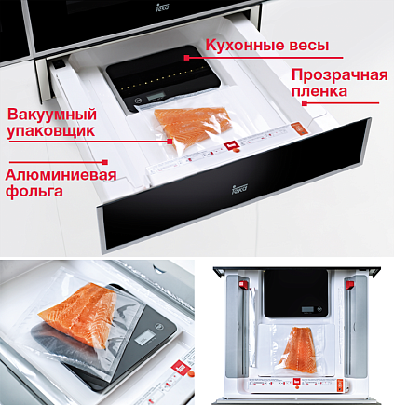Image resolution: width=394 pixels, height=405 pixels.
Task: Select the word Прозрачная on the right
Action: click(340, 76)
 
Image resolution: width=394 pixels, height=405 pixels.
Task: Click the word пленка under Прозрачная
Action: click(319, 92)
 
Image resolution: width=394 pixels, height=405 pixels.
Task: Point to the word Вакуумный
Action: click(52, 115)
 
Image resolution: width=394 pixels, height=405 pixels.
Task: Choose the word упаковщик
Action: click(51, 131)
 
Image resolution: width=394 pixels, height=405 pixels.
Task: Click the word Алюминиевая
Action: click(61, 175)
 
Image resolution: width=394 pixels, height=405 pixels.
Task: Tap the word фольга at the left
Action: click(34, 191)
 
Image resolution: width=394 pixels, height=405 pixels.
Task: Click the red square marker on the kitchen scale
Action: click(186, 58)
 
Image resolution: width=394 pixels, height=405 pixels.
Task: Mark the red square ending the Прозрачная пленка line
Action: click(305, 103)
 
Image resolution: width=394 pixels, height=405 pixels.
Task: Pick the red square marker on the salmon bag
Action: click(170, 142)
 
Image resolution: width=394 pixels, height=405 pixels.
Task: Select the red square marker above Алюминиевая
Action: click(105, 162)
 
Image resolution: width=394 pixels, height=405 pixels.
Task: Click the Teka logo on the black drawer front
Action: click(239, 188)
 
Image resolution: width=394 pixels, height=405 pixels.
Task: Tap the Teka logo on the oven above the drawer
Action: click(162, 7)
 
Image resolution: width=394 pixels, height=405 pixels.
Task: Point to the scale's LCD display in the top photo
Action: click(156, 97)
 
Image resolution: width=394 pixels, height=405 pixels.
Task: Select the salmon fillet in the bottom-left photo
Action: click(81, 314)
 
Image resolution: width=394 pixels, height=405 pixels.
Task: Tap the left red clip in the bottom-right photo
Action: click(243, 285)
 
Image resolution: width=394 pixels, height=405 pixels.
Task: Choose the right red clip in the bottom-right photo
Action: click(350, 285)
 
